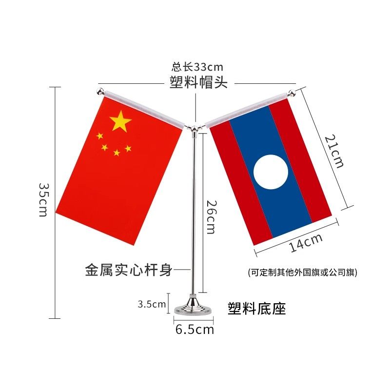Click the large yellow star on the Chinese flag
coord(120,121)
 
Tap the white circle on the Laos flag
coord(271,171)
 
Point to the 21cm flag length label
coord(334,151)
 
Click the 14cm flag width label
coord(306,242)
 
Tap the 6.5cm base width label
coord(195,330)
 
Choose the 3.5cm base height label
coord(152,305)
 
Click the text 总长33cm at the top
coord(197,67)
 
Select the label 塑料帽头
coord(198,82)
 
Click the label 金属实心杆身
coord(129,270)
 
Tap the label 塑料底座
coord(256,308)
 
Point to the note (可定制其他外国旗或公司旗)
coord(302,273)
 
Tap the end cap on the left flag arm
coord(100,92)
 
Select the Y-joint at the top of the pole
coord(195,128)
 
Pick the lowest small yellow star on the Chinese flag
coord(117,153)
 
